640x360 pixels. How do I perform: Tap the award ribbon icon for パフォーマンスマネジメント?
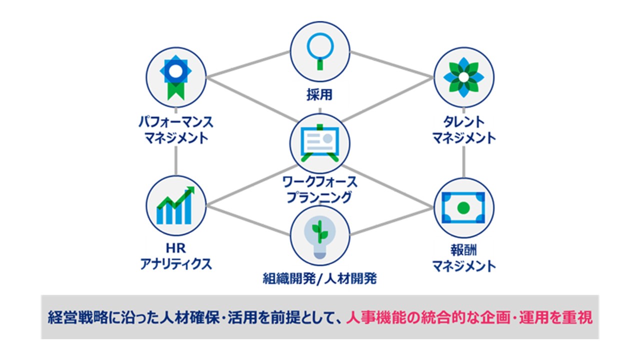(176, 78)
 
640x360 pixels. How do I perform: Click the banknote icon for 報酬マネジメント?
(463, 206)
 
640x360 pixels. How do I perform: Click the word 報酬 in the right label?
(463, 249)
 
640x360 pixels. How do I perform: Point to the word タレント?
(463, 121)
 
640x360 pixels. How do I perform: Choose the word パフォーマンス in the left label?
(176, 121)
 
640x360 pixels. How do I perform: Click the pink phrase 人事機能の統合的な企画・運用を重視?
(469, 317)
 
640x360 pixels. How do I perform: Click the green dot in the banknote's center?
(463, 206)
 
